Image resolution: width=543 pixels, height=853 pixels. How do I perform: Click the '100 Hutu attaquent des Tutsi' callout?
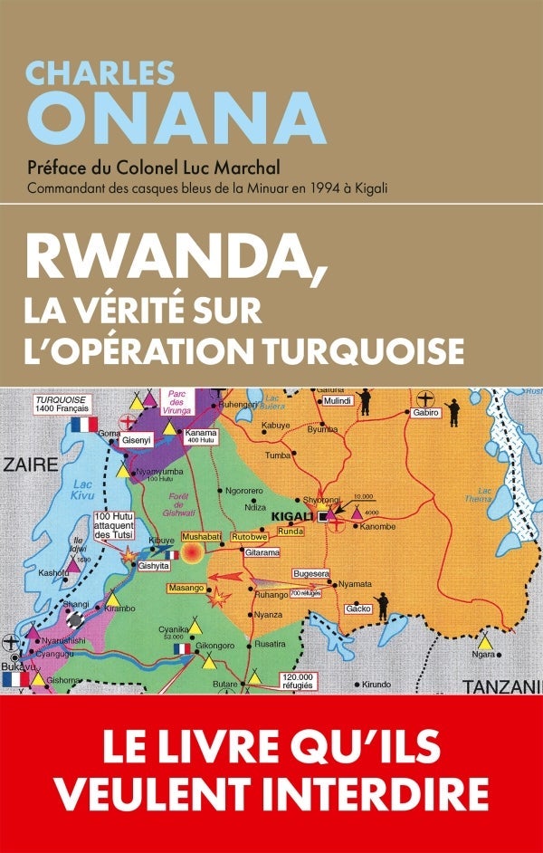point(113,526)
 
